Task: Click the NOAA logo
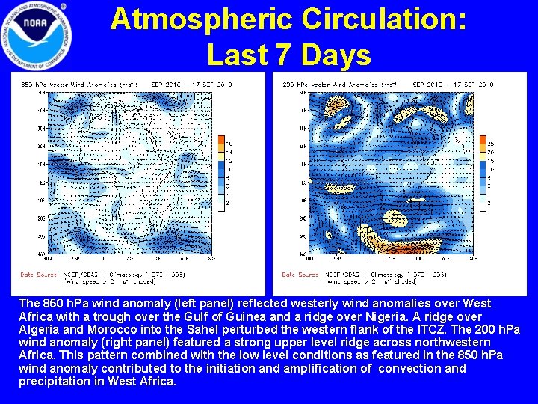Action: [37, 34]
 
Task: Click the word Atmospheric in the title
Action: [199, 19]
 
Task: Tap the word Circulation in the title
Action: [382, 19]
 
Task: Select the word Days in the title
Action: [335, 55]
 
